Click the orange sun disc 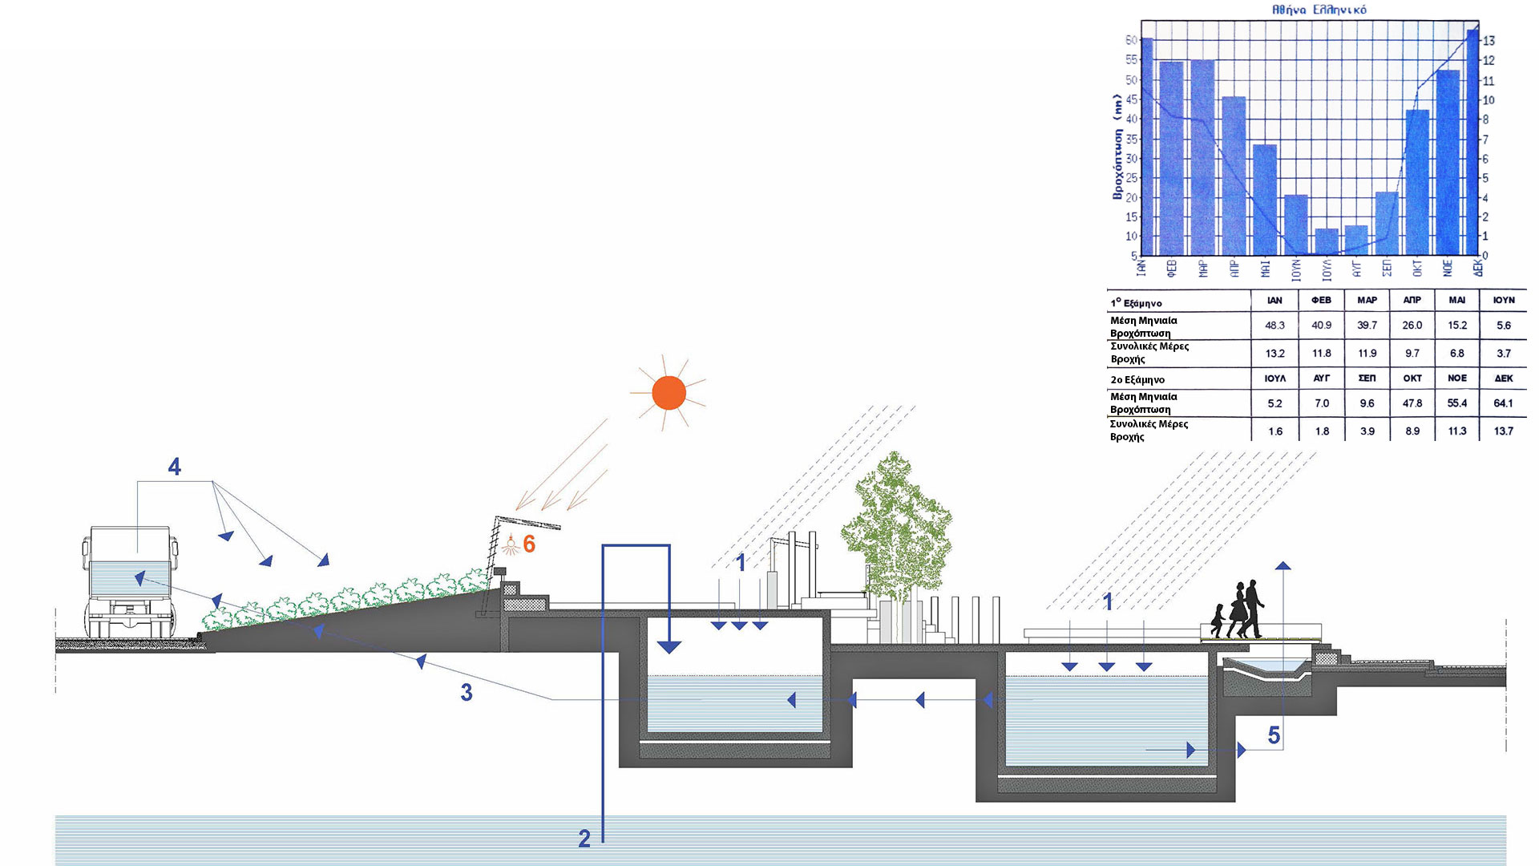click(x=669, y=393)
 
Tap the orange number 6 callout click(x=529, y=544)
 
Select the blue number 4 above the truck click(x=174, y=467)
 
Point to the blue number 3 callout click(x=467, y=693)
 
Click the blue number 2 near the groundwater click(x=584, y=839)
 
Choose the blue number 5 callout click(x=1274, y=735)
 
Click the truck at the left click(x=131, y=581)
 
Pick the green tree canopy click(x=896, y=521)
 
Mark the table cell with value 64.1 click(x=1503, y=403)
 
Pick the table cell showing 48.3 click(x=1274, y=326)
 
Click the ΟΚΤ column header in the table click(x=1412, y=378)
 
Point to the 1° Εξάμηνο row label click(x=1136, y=303)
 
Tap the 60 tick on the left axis click(x=1132, y=40)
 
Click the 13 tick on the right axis click(x=1489, y=41)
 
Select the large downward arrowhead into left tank click(x=669, y=646)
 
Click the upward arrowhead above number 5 click(x=1283, y=565)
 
